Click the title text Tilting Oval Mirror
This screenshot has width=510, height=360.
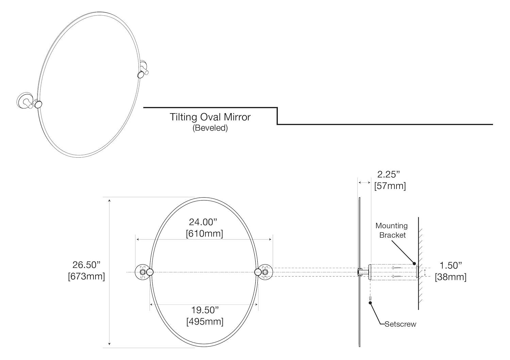210,117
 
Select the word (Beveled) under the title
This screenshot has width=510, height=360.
210,128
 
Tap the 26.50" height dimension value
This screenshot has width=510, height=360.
86,265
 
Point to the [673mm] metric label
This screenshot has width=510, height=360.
86,276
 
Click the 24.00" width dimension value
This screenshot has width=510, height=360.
203,222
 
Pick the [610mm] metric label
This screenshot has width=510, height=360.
204,234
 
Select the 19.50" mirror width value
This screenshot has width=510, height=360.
204,310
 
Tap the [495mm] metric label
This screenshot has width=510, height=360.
205,321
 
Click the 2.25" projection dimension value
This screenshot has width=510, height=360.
389,174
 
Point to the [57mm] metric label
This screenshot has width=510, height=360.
390,186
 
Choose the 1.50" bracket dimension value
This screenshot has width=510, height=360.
451,265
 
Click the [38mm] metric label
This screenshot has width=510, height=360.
451,277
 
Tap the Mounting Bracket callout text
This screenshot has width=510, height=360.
392,230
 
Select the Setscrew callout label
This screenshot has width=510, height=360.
400,324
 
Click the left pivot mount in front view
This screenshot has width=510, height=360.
143,272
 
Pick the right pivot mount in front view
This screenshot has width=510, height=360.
264,272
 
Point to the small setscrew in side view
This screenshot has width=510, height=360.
370,298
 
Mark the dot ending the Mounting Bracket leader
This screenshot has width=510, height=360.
414,263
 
